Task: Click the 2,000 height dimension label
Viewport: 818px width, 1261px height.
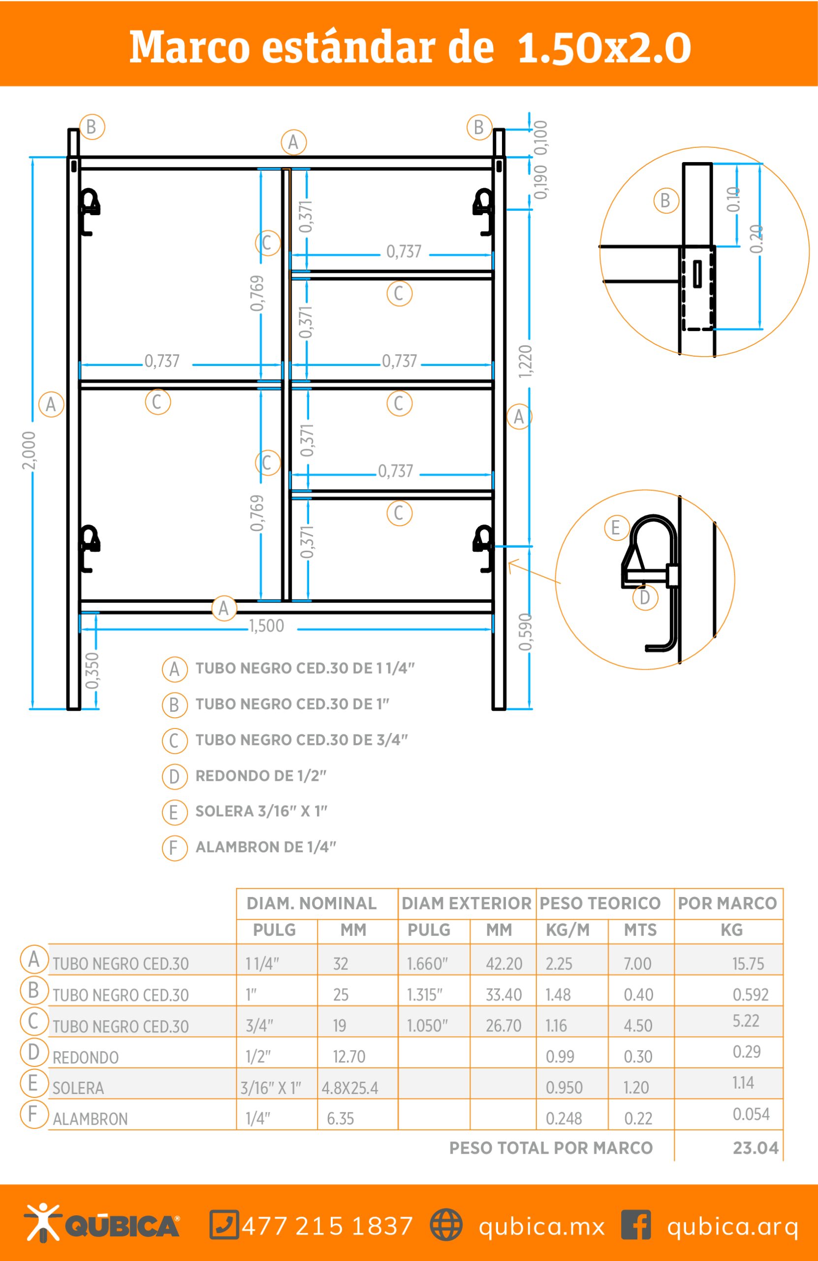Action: [x=29, y=450]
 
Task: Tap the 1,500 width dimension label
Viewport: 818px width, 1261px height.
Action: [x=267, y=626]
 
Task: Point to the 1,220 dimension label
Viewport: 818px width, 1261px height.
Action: [x=525, y=362]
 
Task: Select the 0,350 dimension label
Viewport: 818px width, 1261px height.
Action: [x=92, y=671]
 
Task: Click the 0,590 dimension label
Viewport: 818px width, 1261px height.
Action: [x=525, y=631]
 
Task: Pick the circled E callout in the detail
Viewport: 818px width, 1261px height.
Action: [x=616, y=528]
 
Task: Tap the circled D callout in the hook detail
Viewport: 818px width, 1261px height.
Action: [x=645, y=597]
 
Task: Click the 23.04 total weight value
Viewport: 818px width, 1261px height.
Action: [x=755, y=1148]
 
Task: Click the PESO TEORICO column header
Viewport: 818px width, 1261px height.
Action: [x=600, y=903]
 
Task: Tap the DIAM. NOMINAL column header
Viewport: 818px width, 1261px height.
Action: [x=312, y=903]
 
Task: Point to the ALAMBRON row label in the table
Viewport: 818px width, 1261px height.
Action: [x=90, y=1119]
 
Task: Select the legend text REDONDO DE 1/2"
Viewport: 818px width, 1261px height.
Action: [x=261, y=776]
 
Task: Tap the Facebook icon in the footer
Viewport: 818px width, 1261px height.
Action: [x=636, y=1225]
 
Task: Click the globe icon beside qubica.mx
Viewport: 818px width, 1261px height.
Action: [x=446, y=1225]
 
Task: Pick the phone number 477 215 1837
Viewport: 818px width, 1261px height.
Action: [x=327, y=1226]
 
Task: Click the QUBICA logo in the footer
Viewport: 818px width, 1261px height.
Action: [x=102, y=1223]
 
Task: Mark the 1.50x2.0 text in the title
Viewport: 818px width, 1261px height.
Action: [x=604, y=48]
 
